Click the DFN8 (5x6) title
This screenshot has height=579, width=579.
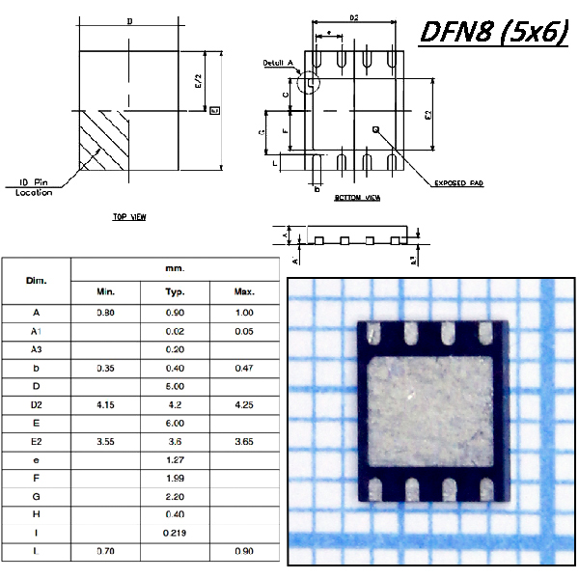click(493, 32)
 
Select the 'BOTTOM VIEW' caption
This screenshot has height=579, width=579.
click(357, 197)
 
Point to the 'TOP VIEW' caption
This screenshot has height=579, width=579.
click(129, 218)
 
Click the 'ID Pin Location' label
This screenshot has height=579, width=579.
click(34, 186)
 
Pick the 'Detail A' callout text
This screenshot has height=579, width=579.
click(277, 64)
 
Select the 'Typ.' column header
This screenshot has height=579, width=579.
click(176, 291)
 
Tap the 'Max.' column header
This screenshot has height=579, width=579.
click(244, 291)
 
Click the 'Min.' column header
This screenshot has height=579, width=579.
click(106, 291)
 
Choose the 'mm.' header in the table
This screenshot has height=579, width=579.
click(175, 268)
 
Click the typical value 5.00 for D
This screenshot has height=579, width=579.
click(176, 386)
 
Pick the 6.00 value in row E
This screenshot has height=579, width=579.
click(176, 423)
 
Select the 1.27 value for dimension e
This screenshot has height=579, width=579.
click(176, 459)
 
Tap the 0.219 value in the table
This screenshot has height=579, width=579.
click(176, 533)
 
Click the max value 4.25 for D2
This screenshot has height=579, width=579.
click(244, 404)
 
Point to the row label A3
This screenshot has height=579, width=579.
click(36, 348)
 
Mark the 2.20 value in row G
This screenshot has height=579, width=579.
click(176, 496)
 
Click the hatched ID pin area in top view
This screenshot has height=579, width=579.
click(100, 143)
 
